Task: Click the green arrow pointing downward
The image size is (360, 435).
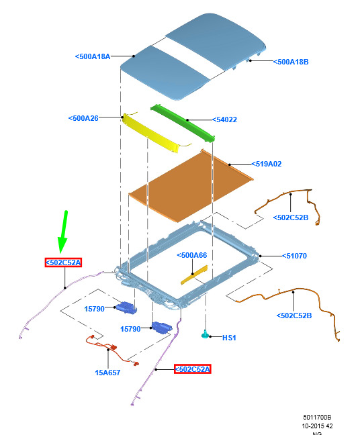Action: pos(63,232)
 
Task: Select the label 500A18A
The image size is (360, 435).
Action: pos(93,56)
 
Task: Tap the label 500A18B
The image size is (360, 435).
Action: pos(291,62)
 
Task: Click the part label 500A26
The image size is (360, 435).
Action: pos(83,118)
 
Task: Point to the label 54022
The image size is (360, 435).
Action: pos(224,119)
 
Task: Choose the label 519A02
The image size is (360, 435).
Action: pos(267,164)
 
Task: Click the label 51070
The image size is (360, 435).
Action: pos(294,256)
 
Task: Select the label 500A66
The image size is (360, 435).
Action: pos(192,255)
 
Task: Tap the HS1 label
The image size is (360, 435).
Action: pos(229,338)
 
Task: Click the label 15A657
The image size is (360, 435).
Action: pos(107,373)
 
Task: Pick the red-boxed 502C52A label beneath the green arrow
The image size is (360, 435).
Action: pos(63,262)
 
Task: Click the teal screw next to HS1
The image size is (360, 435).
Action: pos(205,334)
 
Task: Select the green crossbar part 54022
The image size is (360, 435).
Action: pos(183,123)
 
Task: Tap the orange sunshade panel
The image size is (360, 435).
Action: pos(191,185)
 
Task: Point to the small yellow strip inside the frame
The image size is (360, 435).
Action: pos(194,275)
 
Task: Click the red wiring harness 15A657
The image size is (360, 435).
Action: pos(111,349)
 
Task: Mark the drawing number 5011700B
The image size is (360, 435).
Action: pos(317,418)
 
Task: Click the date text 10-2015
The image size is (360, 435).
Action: pos(313,426)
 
